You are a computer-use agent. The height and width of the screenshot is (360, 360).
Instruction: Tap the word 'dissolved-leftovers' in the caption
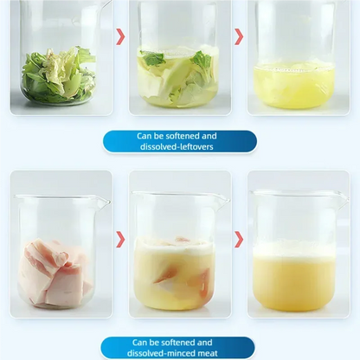click(x=177, y=147)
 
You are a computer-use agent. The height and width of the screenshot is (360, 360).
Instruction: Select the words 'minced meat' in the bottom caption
click(x=195, y=353)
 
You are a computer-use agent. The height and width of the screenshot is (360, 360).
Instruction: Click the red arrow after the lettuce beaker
click(x=121, y=36)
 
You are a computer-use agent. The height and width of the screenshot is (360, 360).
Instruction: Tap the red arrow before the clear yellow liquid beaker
click(x=239, y=36)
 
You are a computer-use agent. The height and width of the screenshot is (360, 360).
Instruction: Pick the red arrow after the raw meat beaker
click(x=121, y=240)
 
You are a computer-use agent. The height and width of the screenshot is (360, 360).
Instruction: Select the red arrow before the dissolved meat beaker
click(x=239, y=240)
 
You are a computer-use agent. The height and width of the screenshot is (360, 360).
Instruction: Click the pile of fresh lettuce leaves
click(x=59, y=74)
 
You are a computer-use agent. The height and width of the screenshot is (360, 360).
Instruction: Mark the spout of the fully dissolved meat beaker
click(x=343, y=199)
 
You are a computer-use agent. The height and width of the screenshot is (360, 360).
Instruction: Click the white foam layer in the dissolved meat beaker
click(x=294, y=250)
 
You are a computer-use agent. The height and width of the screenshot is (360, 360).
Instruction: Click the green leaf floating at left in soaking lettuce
click(x=152, y=58)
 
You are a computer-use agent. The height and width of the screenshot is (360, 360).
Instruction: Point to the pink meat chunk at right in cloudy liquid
click(x=205, y=284)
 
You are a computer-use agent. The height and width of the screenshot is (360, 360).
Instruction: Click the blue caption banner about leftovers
click(x=179, y=141)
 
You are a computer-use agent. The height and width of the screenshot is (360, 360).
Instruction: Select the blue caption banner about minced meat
click(x=177, y=348)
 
